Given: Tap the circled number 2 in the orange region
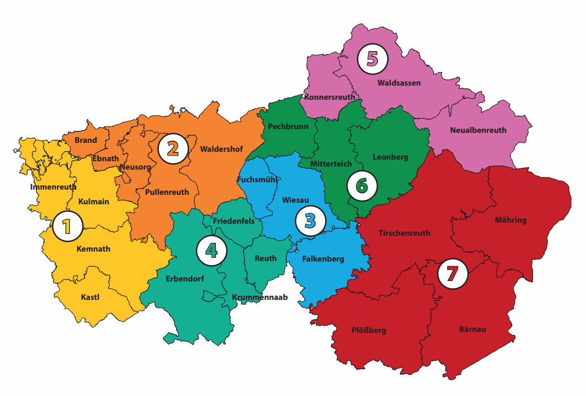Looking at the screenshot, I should pyautogui.click(x=172, y=149).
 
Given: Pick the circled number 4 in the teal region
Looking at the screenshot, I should pyautogui.click(x=212, y=251).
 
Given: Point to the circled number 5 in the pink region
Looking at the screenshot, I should pyautogui.click(x=372, y=59).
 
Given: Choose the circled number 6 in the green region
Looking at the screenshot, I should pyautogui.click(x=362, y=185).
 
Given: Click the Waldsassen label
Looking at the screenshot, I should pyautogui.click(x=399, y=83).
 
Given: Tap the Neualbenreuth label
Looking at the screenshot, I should pyautogui.click(x=478, y=130).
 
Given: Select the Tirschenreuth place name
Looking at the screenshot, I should pyautogui.click(x=404, y=233).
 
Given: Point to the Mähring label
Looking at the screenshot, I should pyautogui.click(x=510, y=220).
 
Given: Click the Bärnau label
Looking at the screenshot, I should pyautogui.click(x=472, y=329).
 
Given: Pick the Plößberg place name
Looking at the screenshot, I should pyautogui.click(x=368, y=330).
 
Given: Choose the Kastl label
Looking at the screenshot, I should pyautogui.click(x=90, y=297).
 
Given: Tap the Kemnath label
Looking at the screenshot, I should pyautogui.click(x=93, y=248).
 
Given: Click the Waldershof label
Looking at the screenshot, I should pyautogui.click(x=221, y=149).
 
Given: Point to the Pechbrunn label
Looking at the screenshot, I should pyautogui.click(x=288, y=127).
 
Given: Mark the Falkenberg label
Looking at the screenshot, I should pyautogui.click(x=323, y=259).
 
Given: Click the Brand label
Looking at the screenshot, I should pyautogui.click(x=85, y=140).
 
